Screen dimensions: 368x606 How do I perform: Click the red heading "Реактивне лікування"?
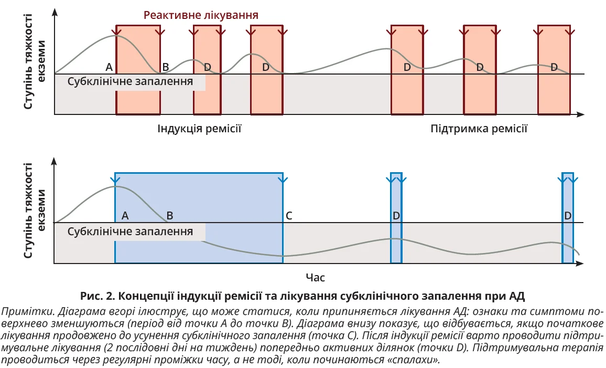pyautogui.click(x=201, y=15)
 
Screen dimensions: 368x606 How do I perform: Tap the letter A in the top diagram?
pyautogui.click(x=109, y=67)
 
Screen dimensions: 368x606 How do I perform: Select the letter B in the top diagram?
pyautogui.click(x=165, y=67)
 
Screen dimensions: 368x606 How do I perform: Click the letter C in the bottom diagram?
pyautogui.click(x=289, y=216)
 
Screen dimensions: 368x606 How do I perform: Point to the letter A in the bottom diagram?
pyautogui.click(x=125, y=216)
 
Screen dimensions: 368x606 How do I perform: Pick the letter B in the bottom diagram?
pyautogui.click(x=169, y=216)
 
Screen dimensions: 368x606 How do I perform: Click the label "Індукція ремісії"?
pyautogui.click(x=199, y=129)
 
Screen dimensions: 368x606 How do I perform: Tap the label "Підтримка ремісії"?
pyautogui.click(x=479, y=129)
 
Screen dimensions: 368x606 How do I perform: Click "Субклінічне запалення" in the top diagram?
pyautogui.click(x=131, y=82)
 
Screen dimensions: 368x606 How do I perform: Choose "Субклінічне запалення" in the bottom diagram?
pyautogui.click(x=131, y=232)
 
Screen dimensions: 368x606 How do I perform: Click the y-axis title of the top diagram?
pyautogui.click(x=35, y=62)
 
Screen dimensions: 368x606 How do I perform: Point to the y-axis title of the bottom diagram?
pyautogui.click(x=35, y=210)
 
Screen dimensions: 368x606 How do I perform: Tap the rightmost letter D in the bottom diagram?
pyautogui.click(x=568, y=216)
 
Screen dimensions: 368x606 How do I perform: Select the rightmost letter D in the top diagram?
pyautogui.click(x=554, y=67)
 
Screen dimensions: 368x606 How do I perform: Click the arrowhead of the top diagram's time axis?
pyautogui.click(x=581, y=114)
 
